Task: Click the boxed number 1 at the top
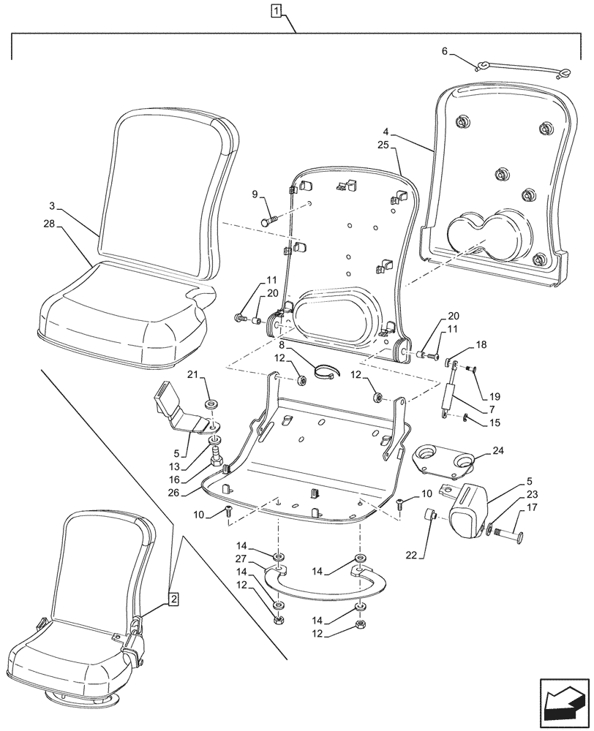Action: click(275, 10)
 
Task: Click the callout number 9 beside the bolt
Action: click(255, 194)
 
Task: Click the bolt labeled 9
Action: click(268, 218)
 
